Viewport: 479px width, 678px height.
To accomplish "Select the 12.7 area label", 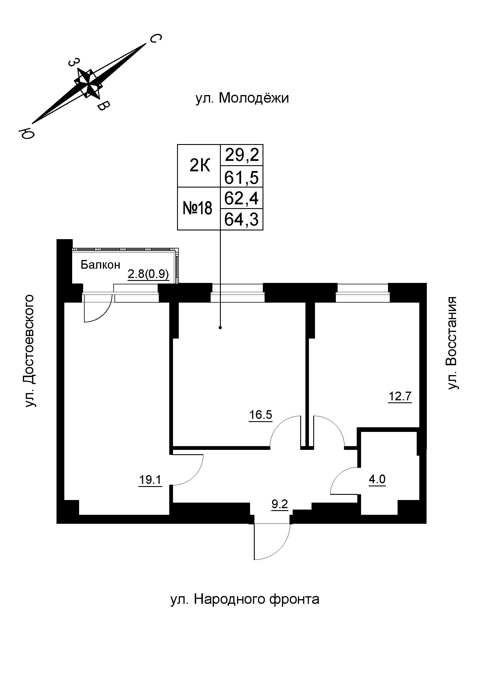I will [x=400, y=396].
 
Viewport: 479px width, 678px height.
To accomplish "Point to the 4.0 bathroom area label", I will [x=377, y=479].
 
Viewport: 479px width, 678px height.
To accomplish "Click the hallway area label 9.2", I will [x=280, y=504].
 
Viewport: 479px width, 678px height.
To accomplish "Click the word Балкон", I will [x=100, y=265].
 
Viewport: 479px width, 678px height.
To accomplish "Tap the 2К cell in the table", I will [x=199, y=166].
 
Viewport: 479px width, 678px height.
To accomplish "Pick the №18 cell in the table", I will [x=198, y=208].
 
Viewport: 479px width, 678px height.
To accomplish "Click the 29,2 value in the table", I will [x=242, y=155].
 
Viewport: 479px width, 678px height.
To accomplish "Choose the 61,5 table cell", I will [x=242, y=177].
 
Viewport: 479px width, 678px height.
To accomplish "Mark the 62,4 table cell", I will [x=242, y=198].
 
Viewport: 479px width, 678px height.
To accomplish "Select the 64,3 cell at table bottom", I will [x=242, y=219].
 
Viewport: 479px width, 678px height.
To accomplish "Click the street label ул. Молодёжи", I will [x=242, y=98].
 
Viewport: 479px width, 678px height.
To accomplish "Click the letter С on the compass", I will [x=156, y=38].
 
